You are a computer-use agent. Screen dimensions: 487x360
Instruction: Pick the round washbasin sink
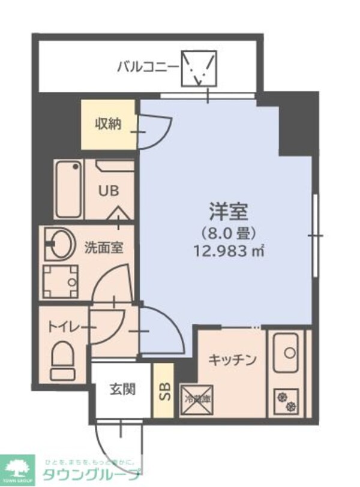[59, 245]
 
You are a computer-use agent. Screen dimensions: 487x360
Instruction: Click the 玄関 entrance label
[122, 389]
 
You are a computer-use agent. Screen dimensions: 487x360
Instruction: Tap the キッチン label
[233, 360]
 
